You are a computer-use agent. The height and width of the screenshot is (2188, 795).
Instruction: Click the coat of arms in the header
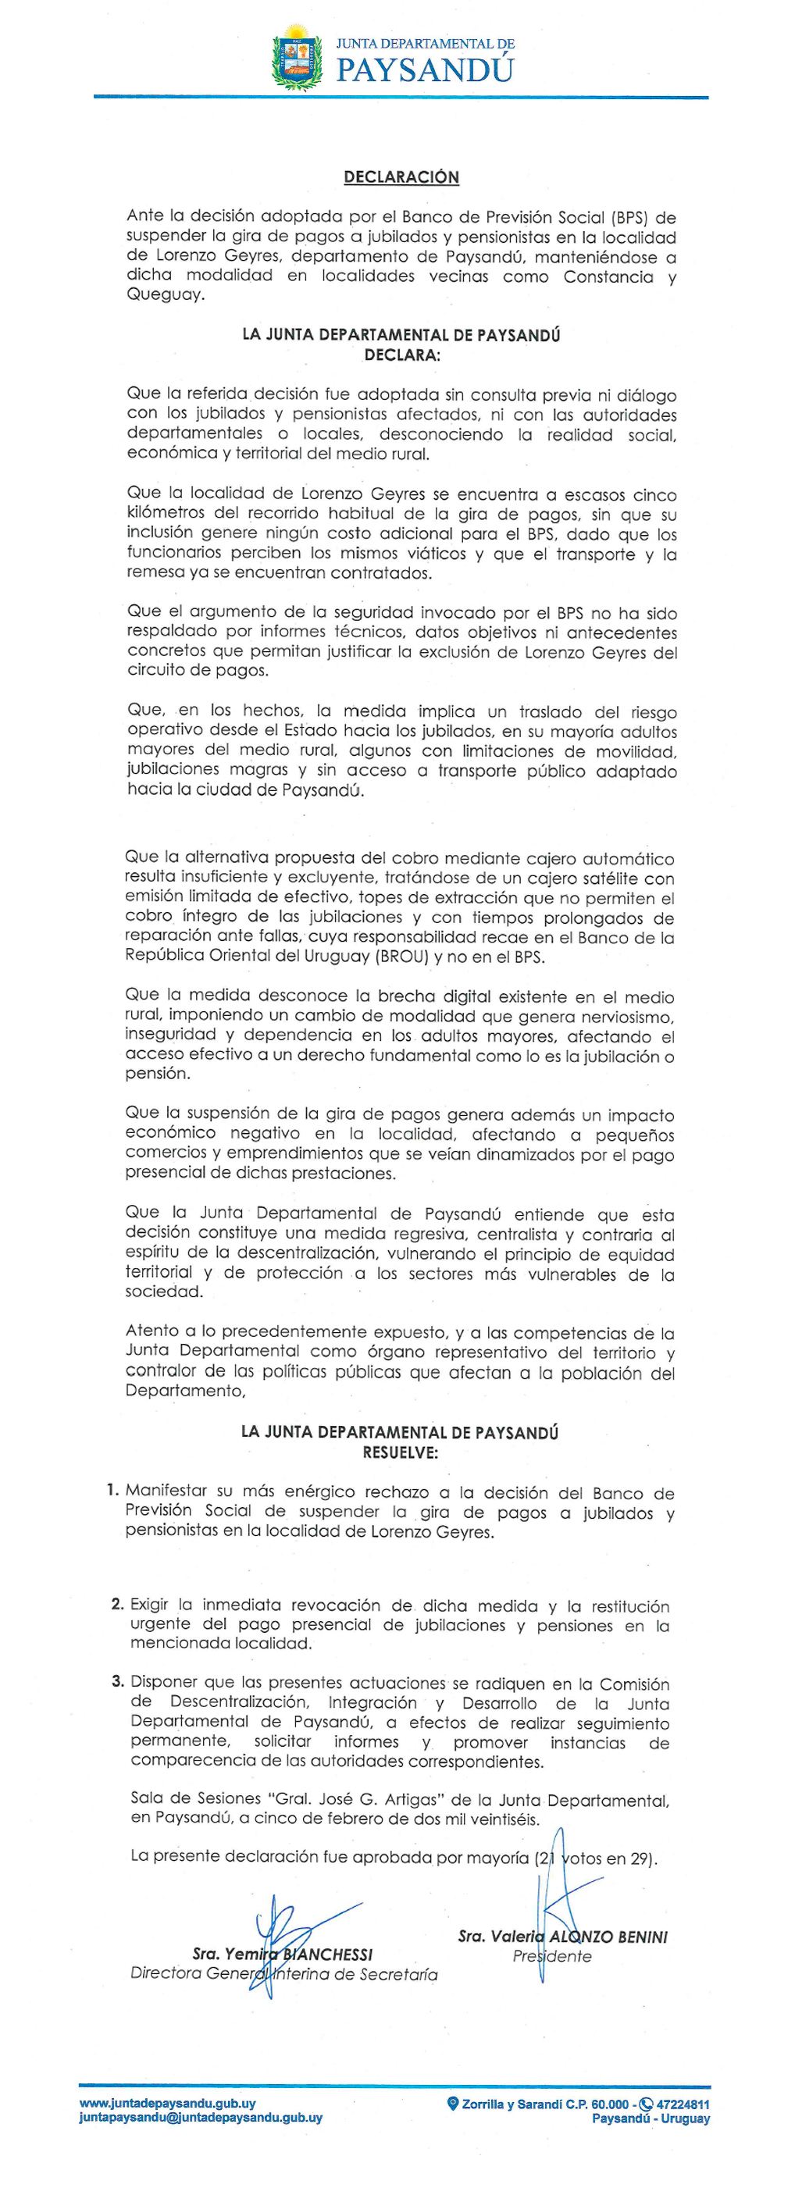(297, 58)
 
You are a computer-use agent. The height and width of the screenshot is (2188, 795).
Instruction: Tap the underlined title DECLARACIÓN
(401, 176)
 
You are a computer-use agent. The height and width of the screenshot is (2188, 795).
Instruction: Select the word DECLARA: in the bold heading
(401, 355)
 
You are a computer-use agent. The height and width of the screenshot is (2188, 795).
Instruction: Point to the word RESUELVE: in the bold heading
(400, 1452)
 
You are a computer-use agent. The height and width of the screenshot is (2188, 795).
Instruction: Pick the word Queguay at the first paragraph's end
(165, 294)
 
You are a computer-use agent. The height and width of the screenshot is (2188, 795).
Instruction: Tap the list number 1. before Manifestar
(112, 1490)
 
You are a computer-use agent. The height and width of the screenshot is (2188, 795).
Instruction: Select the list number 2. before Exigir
(117, 1604)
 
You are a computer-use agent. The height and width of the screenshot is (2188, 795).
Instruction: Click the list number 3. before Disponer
(117, 1681)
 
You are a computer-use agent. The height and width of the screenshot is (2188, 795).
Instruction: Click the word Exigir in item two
(148, 1605)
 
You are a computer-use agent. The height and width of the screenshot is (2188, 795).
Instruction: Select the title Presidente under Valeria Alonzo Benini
(552, 1956)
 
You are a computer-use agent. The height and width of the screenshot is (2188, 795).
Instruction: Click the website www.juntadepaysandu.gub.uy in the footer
(167, 2103)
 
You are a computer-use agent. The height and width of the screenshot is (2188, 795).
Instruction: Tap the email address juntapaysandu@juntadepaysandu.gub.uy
(201, 2118)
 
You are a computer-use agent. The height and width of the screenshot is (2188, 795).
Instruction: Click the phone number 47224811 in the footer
(682, 2104)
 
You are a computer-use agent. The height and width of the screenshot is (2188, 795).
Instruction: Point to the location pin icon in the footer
(453, 2104)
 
